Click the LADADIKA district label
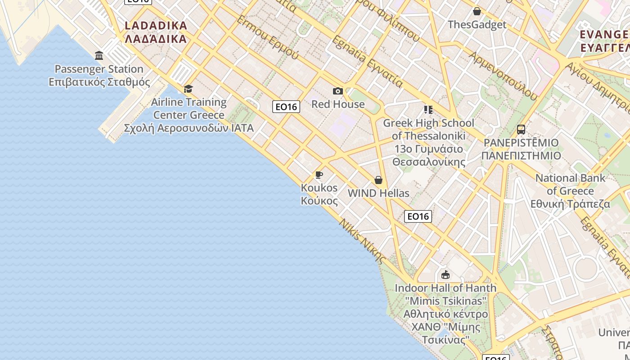click(x=156, y=32)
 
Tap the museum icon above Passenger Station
click(x=99, y=55)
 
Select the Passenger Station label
click(x=99, y=75)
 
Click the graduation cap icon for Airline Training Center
click(x=188, y=89)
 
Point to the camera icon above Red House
click(x=338, y=91)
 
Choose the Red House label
click(x=338, y=104)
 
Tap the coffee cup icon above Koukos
click(x=319, y=175)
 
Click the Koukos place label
click(x=319, y=194)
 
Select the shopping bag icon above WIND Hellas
click(x=378, y=180)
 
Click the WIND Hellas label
click(x=378, y=193)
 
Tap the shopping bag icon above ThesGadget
click(x=477, y=11)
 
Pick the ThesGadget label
click(x=477, y=25)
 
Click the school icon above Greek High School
click(x=428, y=109)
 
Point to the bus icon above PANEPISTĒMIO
click(x=521, y=130)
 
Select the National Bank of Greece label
click(x=570, y=191)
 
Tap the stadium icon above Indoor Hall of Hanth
click(x=445, y=274)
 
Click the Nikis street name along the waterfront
click(x=363, y=241)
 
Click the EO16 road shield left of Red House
click(x=286, y=107)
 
